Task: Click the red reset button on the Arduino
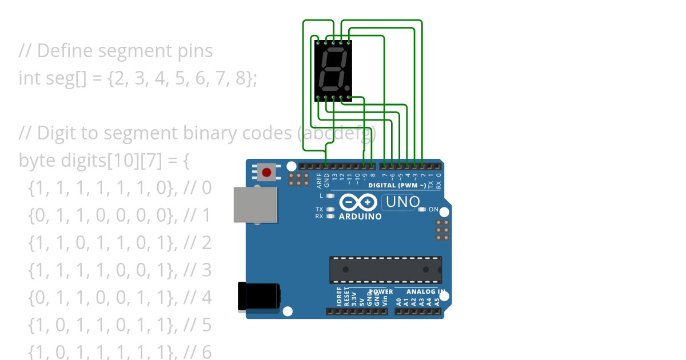pos(266,172)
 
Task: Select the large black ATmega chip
pos(385,270)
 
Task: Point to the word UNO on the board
pos(402,202)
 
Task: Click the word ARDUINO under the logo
pos(360,217)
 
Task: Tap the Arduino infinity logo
pos(358,202)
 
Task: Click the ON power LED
pos(422,210)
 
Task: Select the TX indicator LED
pos(330,209)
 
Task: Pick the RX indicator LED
pos(330,217)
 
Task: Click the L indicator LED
pos(330,196)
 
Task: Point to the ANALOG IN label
pos(426,291)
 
